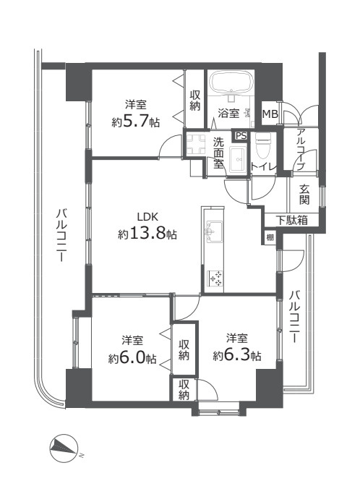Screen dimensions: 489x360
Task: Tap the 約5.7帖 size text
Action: pos(136,122)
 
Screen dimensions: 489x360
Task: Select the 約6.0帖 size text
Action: pos(132,357)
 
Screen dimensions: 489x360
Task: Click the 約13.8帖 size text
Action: pos(147,234)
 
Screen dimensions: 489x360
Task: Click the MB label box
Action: pos(270,114)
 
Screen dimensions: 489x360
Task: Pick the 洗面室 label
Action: pos(218,153)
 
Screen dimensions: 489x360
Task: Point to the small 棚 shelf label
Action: pos(270,237)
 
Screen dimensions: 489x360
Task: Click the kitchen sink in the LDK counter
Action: pos(214,232)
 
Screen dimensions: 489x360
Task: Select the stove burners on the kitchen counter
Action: pos(215,275)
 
